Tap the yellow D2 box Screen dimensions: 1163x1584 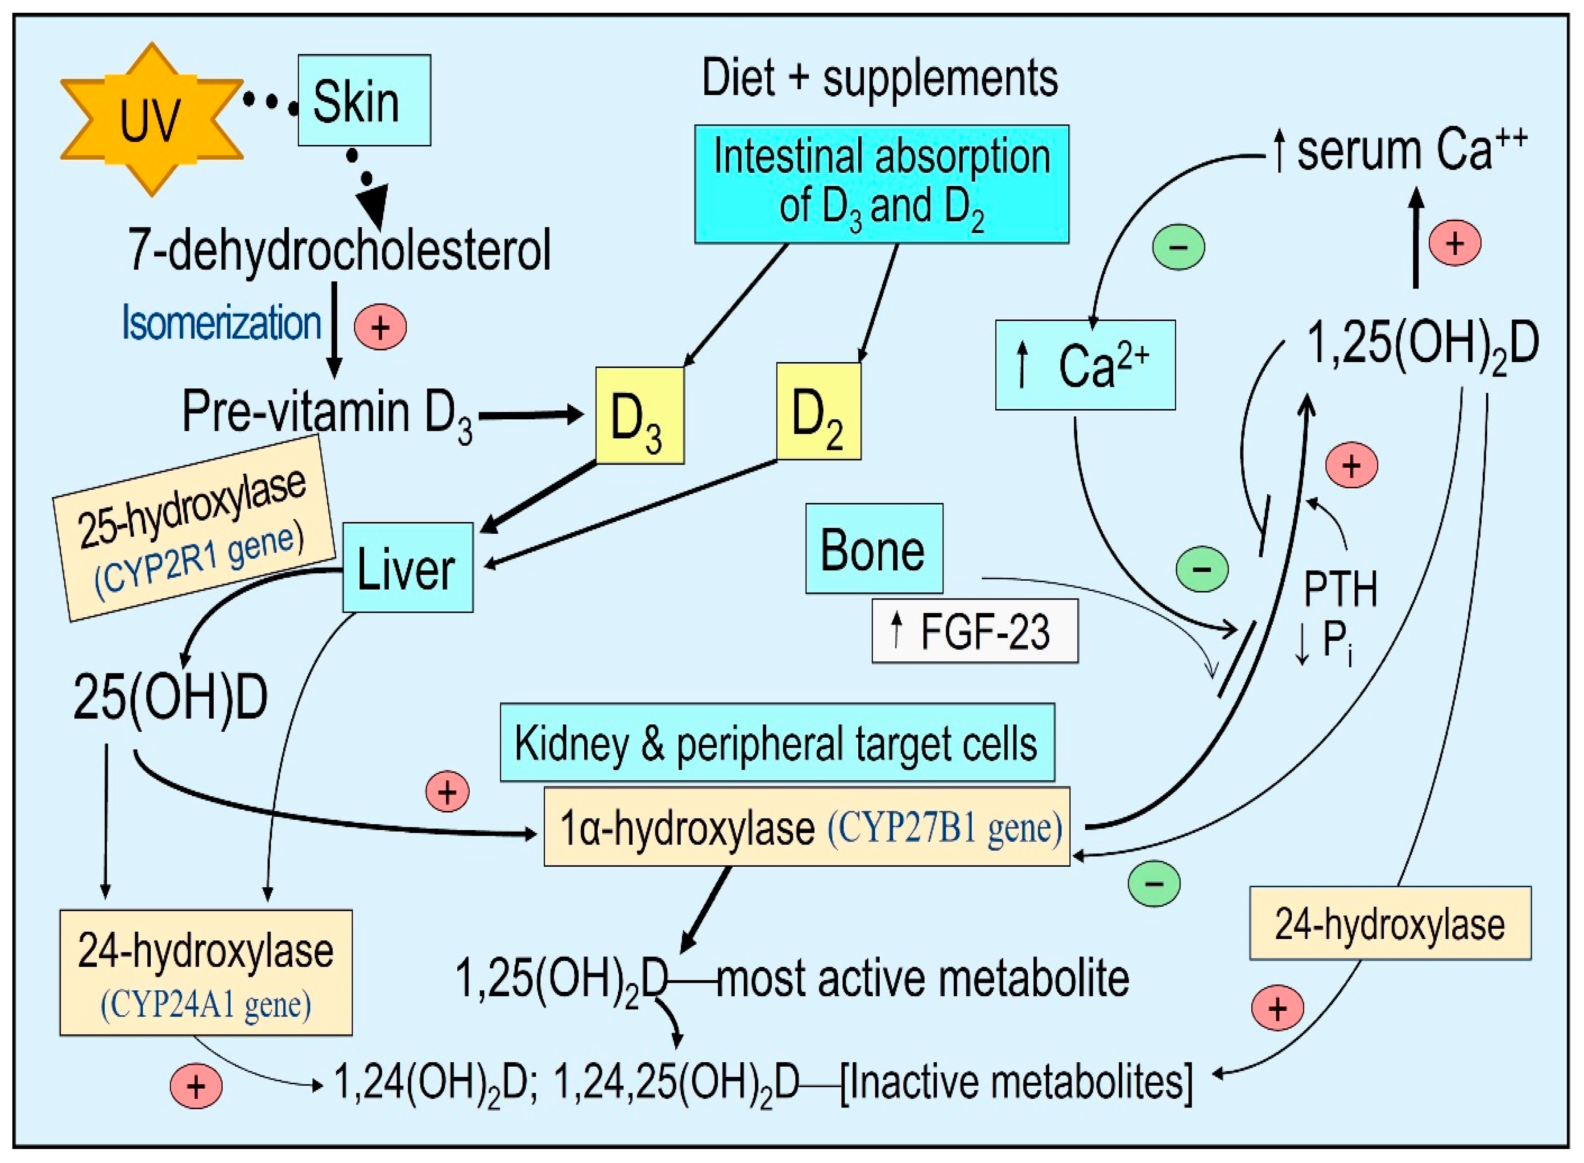point(818,411)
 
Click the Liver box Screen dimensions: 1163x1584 point(407,568)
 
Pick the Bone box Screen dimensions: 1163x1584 point(873,549)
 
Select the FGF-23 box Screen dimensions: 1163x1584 point(974,631)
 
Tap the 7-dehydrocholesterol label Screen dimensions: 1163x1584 point(339,250)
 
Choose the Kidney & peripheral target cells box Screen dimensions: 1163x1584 point(776,743)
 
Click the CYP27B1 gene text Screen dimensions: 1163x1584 point(944,827)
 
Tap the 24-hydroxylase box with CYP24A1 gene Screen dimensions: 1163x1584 point(205,972)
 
